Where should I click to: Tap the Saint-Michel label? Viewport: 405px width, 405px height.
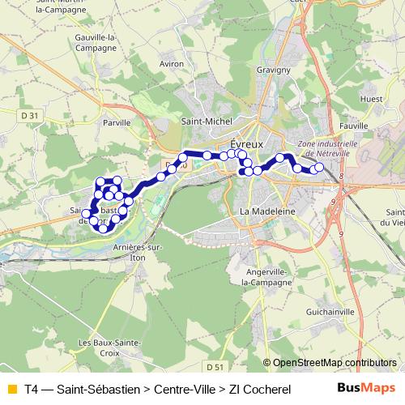coord(206,122)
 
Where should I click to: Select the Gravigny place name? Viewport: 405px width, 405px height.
coord(274,70)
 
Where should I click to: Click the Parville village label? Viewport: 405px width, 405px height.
coord(117,123)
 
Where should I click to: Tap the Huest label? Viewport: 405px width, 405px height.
coord(372,100)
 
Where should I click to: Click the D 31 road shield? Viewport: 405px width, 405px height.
coord(30,116)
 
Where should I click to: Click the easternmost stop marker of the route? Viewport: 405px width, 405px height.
coord(318,168)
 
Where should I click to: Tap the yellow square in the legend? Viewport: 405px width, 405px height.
coord(11,388)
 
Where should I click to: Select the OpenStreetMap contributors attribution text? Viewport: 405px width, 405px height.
coord(334,363)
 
